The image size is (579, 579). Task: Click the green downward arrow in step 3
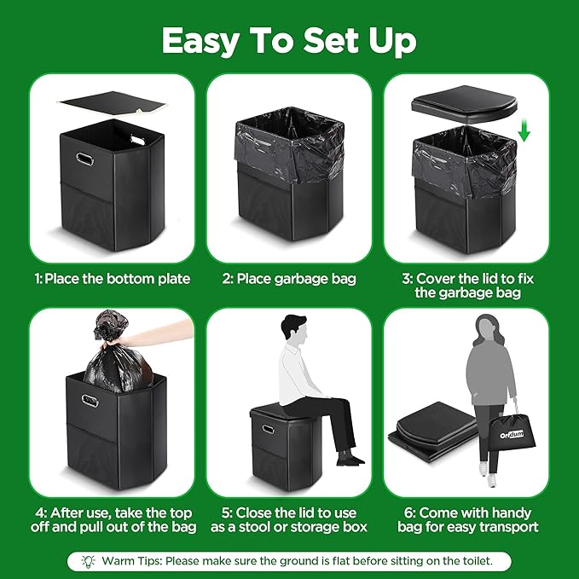(524, 132)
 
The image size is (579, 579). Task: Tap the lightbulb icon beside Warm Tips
(89, 561)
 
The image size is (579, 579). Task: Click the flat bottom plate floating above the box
(112, 104)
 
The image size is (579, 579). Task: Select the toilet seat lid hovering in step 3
(465, 105)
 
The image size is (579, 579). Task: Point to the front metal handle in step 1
(84, 159)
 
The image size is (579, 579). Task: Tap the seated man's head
(294, 328)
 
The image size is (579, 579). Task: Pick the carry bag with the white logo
(512, 430)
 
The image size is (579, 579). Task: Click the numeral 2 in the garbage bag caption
(226, 279)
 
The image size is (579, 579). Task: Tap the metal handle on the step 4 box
(90, 401)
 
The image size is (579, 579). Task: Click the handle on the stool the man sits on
(268, 430)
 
